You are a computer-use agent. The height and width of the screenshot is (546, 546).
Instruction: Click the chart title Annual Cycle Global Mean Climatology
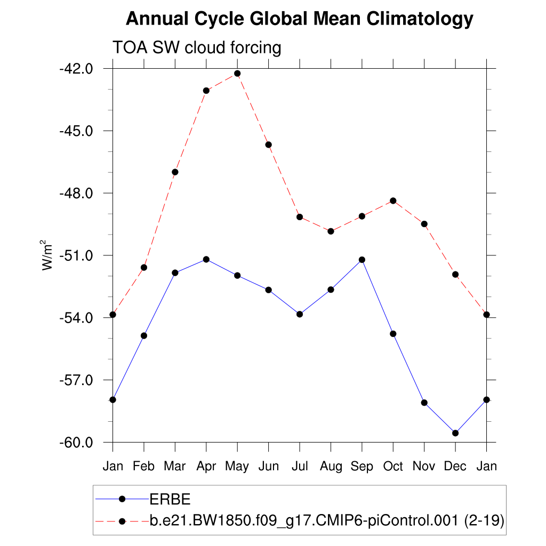click(300, 19)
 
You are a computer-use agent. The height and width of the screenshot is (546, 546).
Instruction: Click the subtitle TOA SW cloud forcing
click(196, 48)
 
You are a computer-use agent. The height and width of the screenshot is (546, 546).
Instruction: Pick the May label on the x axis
click(237, 467)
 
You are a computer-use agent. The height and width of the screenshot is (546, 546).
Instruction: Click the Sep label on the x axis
click(362, 467)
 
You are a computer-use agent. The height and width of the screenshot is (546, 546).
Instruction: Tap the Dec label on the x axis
click(455, 467)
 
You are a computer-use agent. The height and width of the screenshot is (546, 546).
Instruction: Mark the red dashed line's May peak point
click(237, 74)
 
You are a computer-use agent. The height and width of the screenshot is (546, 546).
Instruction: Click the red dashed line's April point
click(206, 91)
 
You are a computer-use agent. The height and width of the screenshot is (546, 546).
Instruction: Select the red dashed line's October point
click(393, 200)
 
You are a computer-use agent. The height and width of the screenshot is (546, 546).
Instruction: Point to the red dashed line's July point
click(300, 217)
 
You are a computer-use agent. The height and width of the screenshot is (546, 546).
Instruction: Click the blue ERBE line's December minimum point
click(455, 433)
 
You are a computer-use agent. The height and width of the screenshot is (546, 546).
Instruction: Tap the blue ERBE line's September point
click(362, 260)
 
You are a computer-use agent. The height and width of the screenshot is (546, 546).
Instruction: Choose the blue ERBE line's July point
click(300, 314)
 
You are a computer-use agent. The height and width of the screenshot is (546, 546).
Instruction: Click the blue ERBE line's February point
click(144, 335)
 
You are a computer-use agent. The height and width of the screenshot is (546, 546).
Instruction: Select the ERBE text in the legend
click(170, 499)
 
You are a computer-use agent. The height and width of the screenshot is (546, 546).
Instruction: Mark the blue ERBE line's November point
click(424, 403)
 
